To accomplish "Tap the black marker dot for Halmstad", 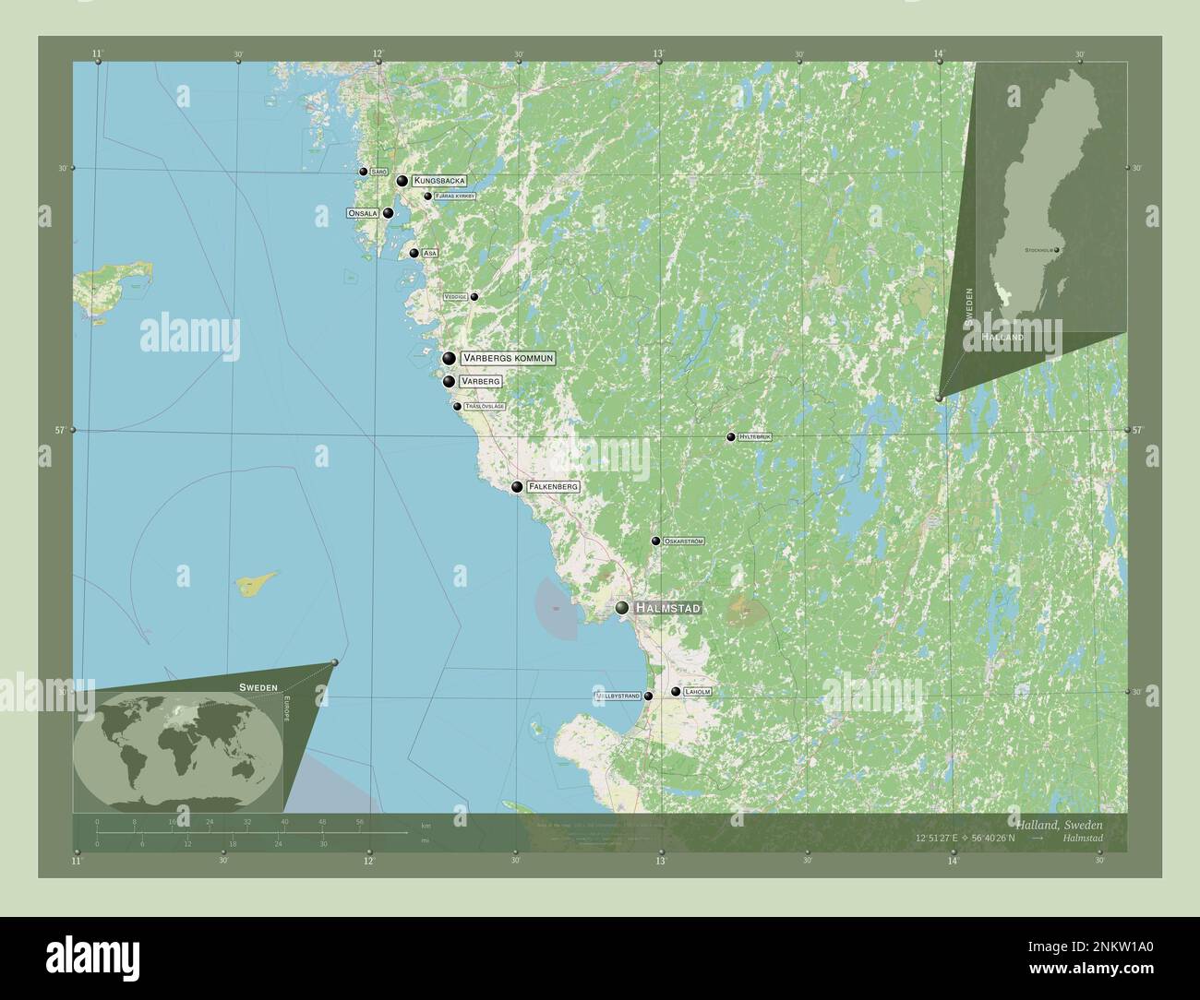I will [623, 608].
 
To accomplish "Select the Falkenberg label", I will [554, 486].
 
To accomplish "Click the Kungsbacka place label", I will [439, 181].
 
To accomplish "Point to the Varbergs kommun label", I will [509, 358].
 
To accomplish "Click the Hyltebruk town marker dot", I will [731, 437].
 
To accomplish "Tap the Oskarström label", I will [684, 541].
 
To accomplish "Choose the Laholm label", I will [698, 691].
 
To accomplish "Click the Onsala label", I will [363, 213].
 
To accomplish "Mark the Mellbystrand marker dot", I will [648, 696].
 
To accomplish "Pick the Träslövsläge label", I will [485, 406].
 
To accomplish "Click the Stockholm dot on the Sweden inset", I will [1058, 249].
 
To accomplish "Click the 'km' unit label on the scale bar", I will [425, 824].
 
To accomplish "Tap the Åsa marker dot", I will [414, 253].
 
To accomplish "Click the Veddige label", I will [455, 297].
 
